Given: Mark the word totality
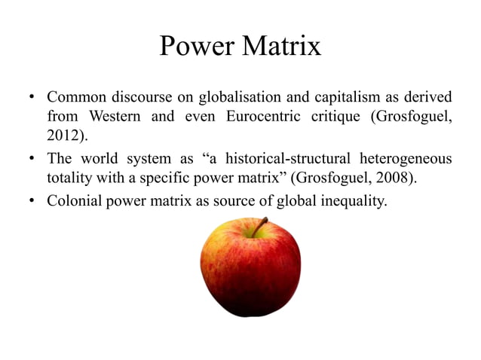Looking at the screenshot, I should click(69, 179).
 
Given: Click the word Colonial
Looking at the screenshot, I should click(74, 201).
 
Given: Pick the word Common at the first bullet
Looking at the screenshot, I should click(75, 98).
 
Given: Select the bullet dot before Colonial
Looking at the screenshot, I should click(32, 201).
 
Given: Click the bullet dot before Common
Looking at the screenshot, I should click(32, 98).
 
